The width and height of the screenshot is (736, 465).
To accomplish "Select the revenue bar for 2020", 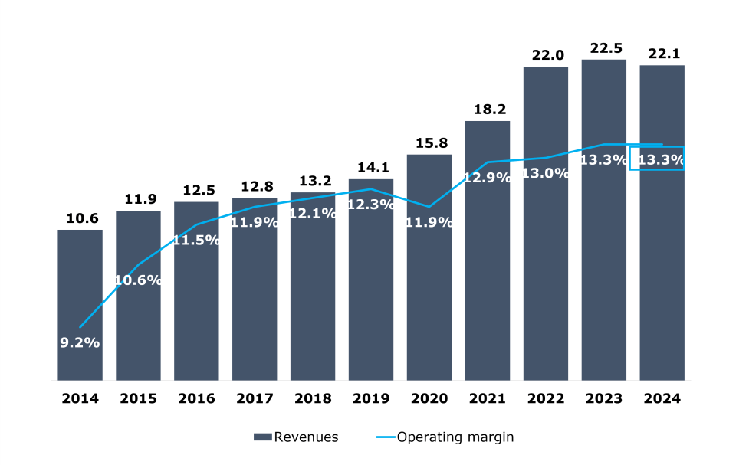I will point(429,306).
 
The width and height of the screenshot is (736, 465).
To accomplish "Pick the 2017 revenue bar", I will point(255,306).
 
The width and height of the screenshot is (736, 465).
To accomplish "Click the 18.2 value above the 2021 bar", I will point(488,110).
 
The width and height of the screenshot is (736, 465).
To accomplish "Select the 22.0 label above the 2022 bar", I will point(546,55).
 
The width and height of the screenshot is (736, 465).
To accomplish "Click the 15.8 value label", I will point(429,143).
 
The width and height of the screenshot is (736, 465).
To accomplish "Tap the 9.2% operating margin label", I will point(80,342).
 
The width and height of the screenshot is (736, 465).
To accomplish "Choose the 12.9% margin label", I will point(488,178).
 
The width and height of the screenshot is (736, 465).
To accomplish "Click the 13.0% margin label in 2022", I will point(546,173).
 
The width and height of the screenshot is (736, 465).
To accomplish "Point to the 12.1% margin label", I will point(313,214).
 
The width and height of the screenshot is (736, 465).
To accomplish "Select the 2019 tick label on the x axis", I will point(371,399).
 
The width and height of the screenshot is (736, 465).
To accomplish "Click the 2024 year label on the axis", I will point(662,399).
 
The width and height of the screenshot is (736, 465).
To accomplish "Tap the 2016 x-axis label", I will point(196,399).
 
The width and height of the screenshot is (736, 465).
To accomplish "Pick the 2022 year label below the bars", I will point(546,399).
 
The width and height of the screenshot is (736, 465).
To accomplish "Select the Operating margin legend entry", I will point(455,437).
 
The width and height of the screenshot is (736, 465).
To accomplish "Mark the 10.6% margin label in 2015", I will point(138,280).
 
